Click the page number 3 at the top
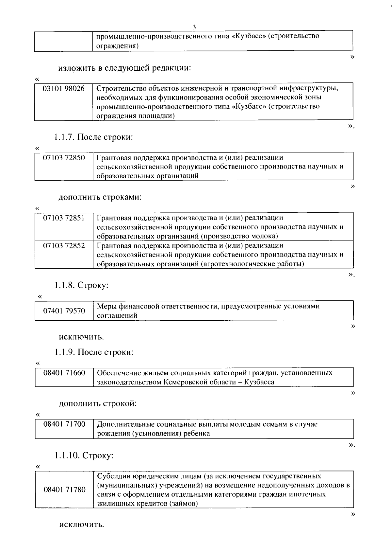click(194, 27)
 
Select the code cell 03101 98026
click(64, 88)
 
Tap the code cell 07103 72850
click(64, 158)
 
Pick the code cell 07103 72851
click(64, 218)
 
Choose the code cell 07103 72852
click(64, 245)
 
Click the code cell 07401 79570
click(64, 311)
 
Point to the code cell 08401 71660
click(64, 373)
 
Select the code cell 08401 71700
click(64, 424)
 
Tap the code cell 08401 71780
click(64, 490)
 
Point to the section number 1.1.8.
click(65, 285)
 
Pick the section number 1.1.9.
click(65, 352)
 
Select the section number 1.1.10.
click(67, 455)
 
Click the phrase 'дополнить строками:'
click(100, 198)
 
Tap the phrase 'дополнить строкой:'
click(98, 403)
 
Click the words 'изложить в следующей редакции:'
click(124, 68)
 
